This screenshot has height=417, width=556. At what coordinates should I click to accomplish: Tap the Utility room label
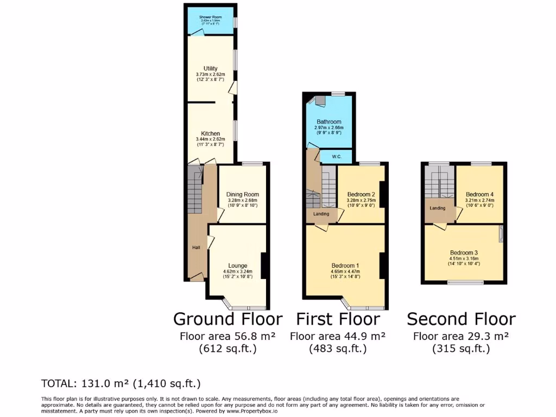210,68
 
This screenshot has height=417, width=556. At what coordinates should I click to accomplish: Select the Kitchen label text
210,134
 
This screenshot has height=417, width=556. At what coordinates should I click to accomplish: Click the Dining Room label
242,194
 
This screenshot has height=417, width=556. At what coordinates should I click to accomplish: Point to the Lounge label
238,266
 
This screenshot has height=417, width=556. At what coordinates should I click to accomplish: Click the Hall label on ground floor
196,248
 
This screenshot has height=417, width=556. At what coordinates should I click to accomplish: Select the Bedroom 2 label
361,194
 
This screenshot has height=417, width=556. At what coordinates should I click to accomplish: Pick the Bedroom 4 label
479,194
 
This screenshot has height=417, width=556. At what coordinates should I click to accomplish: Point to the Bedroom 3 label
464,252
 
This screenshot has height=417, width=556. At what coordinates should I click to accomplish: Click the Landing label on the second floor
438,208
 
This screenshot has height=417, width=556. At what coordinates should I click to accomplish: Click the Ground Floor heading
228,319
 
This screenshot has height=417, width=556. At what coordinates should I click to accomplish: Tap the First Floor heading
338,319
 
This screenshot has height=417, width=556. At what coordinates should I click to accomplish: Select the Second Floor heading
461,319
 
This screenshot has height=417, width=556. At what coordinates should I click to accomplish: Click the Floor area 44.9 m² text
338,336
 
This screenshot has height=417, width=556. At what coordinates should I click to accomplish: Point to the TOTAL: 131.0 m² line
121,384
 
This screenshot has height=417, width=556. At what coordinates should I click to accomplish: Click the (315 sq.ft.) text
461,349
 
